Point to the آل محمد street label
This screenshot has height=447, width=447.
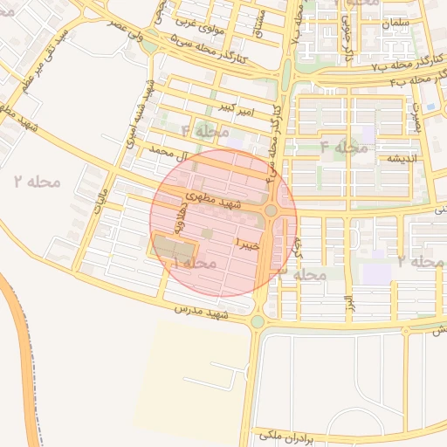point(169,153)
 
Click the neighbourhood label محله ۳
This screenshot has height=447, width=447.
point(300,274)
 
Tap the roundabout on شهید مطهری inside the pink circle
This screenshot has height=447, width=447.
point(271,210)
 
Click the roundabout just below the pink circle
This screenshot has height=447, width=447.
point(257,321)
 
